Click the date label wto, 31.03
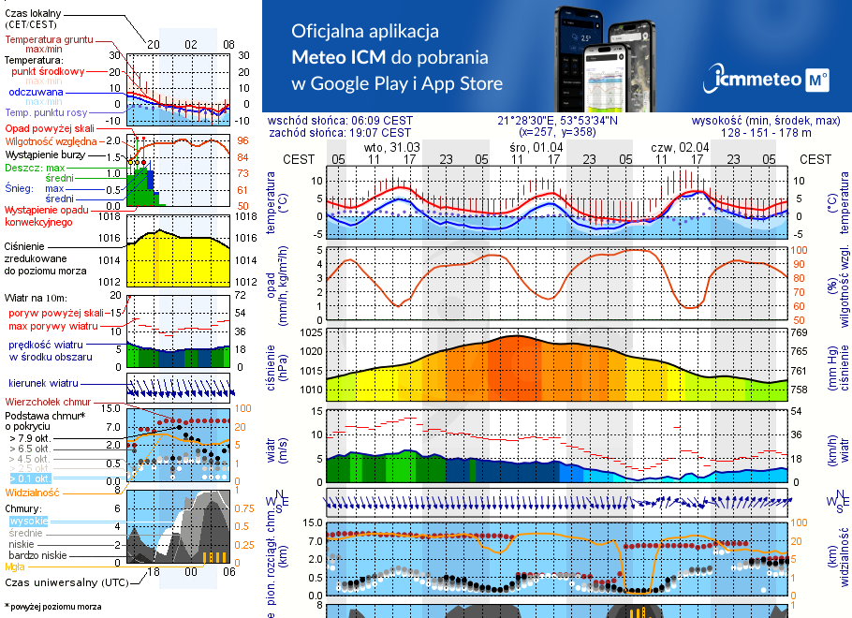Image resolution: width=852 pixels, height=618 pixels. pyautogui.click(x=391, y=147)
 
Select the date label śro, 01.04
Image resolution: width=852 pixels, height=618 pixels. pyautogui.click(x=536, y=147)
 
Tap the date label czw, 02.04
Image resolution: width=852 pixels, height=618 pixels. pyautogui.click(x=679, y=147)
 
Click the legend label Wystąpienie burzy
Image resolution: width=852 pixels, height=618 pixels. pyautogui.click(x=44, y=154)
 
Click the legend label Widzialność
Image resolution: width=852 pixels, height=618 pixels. pyautogui.click(x=32, y=492)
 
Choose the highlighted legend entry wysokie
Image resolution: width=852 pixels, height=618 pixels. pyautogui.click(x=28, y=521)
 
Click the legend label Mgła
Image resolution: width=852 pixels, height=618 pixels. pyautogui.click(x=15, y=566)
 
